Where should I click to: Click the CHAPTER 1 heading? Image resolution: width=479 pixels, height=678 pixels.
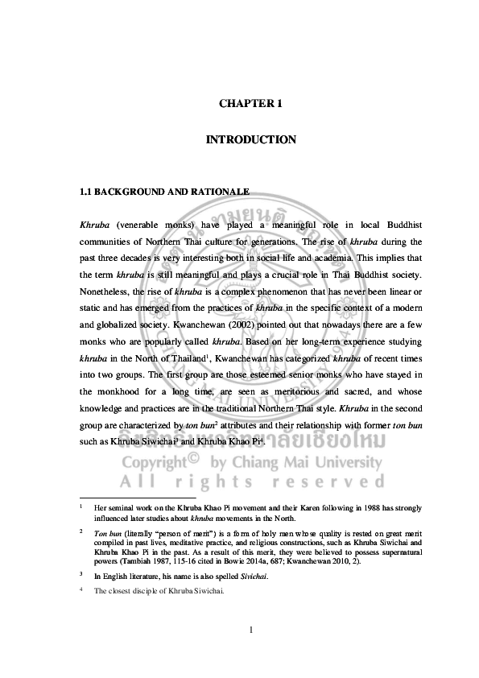tap(250, 104)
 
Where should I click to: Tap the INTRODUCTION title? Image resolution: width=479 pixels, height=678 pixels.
tap(250, 140)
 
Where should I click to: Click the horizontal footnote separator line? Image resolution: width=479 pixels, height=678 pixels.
tap(137, 498)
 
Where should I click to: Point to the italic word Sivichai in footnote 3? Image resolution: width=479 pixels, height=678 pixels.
tap(255, 576)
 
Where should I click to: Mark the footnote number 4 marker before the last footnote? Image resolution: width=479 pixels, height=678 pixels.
tap(81, 590)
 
